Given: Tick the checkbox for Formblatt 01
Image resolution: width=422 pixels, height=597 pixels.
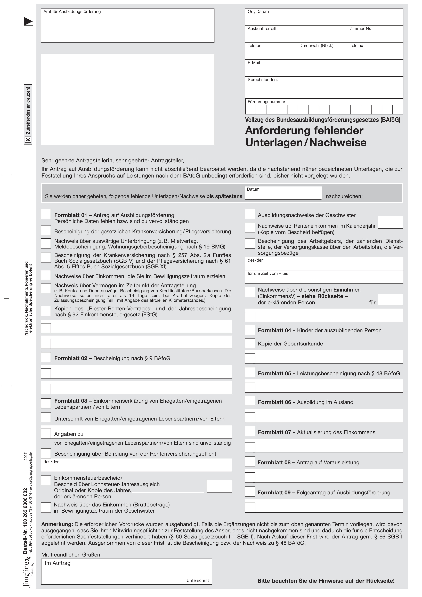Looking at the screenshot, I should click(x=46, y=214).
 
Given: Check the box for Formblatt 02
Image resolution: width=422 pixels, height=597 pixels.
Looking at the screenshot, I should click(x=46, y=357).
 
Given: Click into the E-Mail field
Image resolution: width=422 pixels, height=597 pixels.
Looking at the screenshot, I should click(x=324, y=70).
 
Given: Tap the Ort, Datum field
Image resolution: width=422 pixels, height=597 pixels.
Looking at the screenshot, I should click(x=324, y=19).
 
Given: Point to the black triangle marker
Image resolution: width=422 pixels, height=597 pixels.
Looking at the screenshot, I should click(x=28, y=21).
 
